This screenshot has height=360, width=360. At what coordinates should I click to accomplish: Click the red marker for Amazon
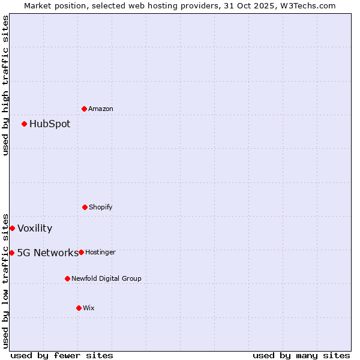click(84, 109)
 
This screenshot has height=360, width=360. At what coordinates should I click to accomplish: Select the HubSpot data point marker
click(24, 124)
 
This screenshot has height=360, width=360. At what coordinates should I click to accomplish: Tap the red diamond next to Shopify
click(85, 207)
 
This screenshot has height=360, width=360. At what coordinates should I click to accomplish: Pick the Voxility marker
click(12, 228)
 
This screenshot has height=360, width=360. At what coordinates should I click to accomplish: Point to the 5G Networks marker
click(11, 253)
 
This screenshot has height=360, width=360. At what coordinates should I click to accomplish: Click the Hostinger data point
click(81, 252)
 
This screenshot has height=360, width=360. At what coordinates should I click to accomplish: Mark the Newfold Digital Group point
click(67, 278)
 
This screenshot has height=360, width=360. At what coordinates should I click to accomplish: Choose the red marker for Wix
click(79, 308)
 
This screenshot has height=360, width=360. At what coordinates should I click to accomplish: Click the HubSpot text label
click(50, 124)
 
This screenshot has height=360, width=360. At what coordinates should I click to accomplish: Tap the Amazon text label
click(101, 109)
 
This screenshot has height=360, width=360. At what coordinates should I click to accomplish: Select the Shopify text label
click(101, 208)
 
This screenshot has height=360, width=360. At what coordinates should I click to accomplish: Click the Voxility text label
click(35, 229)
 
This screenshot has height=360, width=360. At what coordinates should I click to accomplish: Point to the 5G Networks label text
click(48, 253)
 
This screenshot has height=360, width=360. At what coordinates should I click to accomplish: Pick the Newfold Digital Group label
click(107, 279)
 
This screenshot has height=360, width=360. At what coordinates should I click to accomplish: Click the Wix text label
click(89, 308)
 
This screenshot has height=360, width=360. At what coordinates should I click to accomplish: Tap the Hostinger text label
click(100, 253)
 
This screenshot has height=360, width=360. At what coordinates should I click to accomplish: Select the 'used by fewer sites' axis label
click(62, 355)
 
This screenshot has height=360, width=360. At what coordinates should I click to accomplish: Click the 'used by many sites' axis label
click(301, 355)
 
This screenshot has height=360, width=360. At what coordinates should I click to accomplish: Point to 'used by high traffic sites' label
click(5, 85)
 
